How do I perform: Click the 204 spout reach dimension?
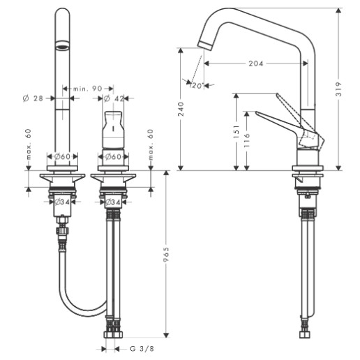pos(256,63)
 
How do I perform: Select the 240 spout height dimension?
pos(181,109)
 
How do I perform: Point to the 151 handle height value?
pos(237,132)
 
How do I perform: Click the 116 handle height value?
pos(247,140)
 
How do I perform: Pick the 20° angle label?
pos(197,86)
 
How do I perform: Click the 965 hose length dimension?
pos(166,255)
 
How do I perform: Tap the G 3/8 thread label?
pos(142,349)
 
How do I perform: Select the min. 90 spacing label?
pos(88,89)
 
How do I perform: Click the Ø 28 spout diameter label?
pos(33,98)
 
